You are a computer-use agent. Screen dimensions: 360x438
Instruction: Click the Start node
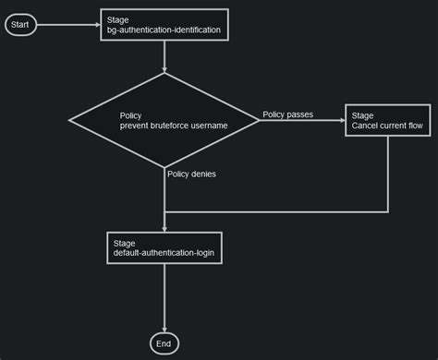tap(20, 25)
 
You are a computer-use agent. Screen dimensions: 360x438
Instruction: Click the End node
tap(164, 343)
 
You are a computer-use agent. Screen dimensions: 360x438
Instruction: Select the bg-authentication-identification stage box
tap(164, 25)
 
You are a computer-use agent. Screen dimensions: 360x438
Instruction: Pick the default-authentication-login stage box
tap(164, 246)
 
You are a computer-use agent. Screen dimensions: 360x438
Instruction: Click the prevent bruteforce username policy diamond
tap(164, 120)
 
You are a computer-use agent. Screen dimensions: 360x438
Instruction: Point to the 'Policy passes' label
tap(287, 114)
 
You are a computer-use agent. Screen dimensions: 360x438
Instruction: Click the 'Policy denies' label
tap(191, 174)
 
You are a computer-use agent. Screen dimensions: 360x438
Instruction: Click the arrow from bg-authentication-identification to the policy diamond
tap(164, 57)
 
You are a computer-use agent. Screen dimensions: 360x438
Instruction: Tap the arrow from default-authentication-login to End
tap(164, 297)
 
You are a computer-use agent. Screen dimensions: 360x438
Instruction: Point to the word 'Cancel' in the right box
tap(366, 126)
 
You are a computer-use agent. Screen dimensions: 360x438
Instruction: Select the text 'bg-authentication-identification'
tap(164, 31)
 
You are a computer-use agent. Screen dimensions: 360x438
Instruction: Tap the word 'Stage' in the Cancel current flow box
tap(362, 115)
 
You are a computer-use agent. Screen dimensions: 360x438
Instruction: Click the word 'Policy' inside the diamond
tap(131, 115)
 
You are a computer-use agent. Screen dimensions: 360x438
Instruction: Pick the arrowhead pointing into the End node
tap(164, 329)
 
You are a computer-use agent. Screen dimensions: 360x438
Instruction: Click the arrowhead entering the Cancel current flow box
tap(341, 120)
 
